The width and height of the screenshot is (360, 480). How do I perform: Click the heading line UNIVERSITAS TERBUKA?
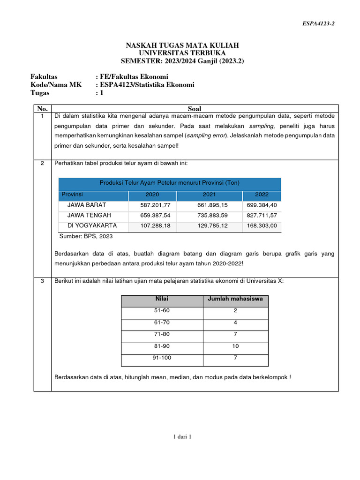tap(182, 53)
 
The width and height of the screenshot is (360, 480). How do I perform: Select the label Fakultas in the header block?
tap(44, 76)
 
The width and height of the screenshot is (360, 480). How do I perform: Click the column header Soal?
tap(194, 109)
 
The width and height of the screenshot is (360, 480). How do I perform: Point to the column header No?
tap(42, 109)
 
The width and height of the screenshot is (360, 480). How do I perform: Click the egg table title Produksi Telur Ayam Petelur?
tap(169, 183)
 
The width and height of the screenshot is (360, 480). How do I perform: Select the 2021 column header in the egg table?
tap(209, 195)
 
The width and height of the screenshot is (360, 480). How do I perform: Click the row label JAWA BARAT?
tap(87, 205)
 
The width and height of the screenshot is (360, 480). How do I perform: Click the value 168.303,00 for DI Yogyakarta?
tap(262, 226)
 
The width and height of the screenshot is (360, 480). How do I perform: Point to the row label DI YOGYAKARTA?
tap(92, 225)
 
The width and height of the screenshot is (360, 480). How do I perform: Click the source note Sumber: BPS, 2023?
tap(86, 236)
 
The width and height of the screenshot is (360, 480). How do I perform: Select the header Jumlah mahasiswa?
tap(235, 299)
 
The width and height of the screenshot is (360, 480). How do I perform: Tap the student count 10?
tap(235, 346)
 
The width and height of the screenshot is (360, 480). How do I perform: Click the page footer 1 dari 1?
tap(182, 437)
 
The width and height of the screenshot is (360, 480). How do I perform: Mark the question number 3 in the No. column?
tap(42, 281)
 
